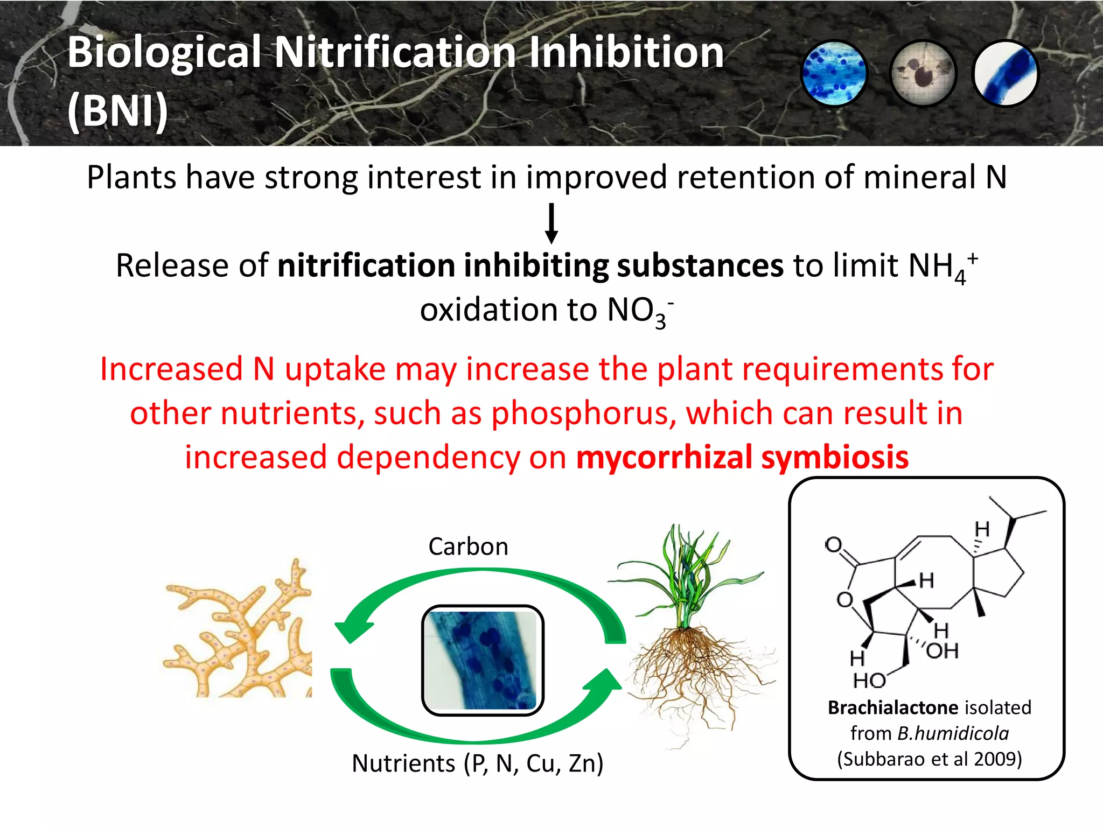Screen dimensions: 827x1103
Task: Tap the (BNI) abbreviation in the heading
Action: click(x=117, y=110)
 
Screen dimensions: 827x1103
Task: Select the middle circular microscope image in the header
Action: click(x=922, y=73)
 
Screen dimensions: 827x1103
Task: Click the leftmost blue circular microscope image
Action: click(x=834, y=73)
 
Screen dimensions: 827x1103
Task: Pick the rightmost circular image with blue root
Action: click(x=1006, y=73)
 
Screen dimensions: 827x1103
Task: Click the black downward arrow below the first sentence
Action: click(x=551, y=223)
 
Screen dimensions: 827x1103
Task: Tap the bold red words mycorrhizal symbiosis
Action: click(x=742, y=457)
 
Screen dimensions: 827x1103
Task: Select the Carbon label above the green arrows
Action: click(x=468, y=546)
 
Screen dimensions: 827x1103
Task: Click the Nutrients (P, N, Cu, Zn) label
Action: click(x=478, y=763)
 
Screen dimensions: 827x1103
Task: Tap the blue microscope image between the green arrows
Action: click(x=483, y=660)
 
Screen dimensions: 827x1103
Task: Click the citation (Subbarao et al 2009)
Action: click(x=929, y=759)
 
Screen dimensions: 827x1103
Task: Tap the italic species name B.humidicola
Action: click(x=953, y=733)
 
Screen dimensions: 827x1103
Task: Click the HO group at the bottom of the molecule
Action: click(x=869, y=681)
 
